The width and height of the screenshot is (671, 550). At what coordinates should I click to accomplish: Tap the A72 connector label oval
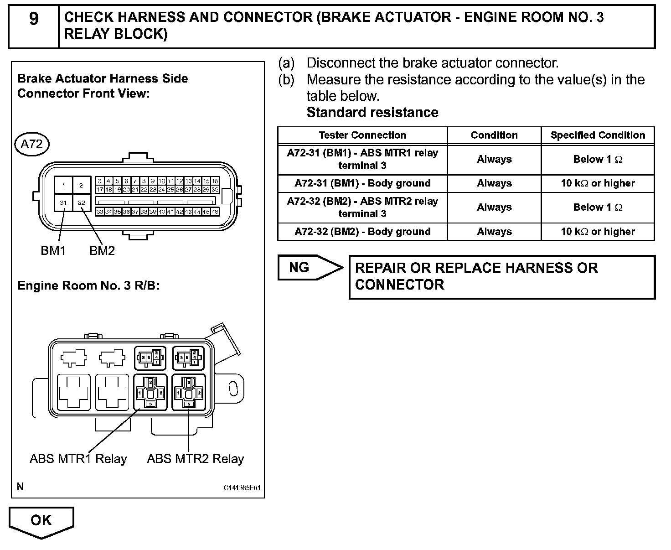[31, 144]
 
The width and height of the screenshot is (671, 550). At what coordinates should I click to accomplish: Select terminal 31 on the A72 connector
[63, 202]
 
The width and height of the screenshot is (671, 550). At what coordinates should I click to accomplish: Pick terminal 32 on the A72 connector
[82, 202]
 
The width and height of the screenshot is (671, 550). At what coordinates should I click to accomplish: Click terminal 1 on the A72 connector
[64, 185]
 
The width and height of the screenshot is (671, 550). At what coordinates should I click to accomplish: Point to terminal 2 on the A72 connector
[82, 185]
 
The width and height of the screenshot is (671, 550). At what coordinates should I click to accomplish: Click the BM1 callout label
[53, 250]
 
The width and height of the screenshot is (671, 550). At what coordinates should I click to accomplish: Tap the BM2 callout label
[102, 250]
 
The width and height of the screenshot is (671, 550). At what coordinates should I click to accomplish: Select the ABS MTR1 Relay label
[78, 458]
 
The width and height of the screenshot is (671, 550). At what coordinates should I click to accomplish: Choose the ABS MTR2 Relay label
[195, 458]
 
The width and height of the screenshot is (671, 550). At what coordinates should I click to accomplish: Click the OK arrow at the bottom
[41, 521]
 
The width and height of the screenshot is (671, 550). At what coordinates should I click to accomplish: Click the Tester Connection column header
[362, 135]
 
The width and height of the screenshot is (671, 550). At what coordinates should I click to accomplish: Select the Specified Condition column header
[598, 135]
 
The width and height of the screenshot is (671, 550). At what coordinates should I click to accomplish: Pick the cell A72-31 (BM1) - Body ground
[362, 183]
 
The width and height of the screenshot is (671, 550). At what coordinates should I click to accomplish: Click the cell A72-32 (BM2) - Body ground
[362, 231]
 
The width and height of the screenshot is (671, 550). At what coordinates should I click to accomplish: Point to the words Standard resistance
[372, 112]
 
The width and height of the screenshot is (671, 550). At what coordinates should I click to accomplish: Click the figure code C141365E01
[242, 488]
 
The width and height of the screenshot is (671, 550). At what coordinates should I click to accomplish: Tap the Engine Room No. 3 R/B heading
[88, 285]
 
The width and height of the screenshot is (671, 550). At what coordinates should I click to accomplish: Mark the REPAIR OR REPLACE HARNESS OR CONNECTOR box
[501, 276]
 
